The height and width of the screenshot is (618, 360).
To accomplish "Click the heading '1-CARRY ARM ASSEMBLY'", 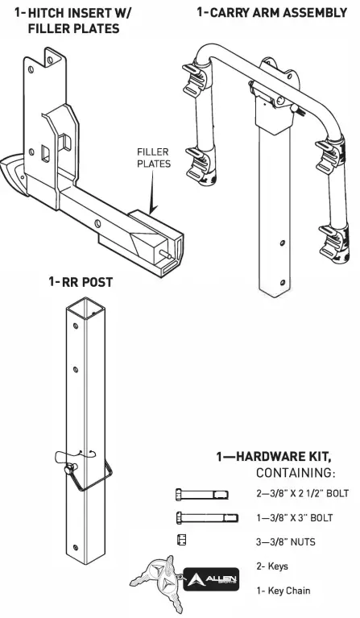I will click(x=271, y=13).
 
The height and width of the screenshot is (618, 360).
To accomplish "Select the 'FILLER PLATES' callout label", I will click(x=153, y=157).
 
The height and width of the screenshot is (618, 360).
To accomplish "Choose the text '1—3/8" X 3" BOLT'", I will click(x=291, y=517).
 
